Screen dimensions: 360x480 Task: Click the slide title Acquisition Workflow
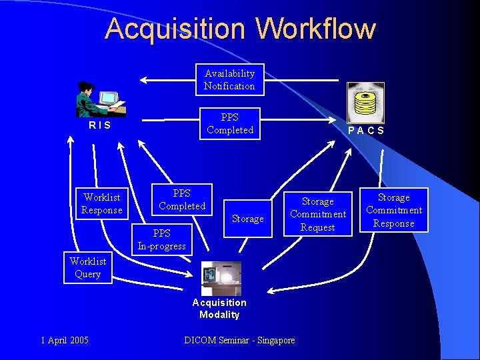tap(240, 29)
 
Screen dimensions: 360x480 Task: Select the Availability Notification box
tap(229, 80)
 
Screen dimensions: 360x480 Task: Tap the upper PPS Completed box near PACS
tap(230, 123)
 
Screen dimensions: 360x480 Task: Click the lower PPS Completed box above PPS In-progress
tap(182, 200)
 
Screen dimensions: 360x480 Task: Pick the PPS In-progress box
tap(162, 240)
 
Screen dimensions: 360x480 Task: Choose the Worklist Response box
tap(102, 204)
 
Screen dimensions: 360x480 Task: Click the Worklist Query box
tap(87, 267)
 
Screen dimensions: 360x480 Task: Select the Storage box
tap(248, 219)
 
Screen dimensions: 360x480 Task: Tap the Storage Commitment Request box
tap(318, 214)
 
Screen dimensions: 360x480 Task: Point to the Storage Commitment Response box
tap(394, 211)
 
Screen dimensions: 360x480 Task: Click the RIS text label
tap(100, 125)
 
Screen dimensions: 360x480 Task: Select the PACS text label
tap(366, 131)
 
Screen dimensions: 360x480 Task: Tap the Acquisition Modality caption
tap(219, 309)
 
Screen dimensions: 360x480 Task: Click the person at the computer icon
tap(100, 99)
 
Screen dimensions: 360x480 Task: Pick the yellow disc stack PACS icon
tap(365, 102)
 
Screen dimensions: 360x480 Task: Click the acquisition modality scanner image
tap(221, 278)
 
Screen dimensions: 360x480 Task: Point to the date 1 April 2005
tap(64, 341)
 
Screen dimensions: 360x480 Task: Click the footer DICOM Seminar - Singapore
tap(239, 341)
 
